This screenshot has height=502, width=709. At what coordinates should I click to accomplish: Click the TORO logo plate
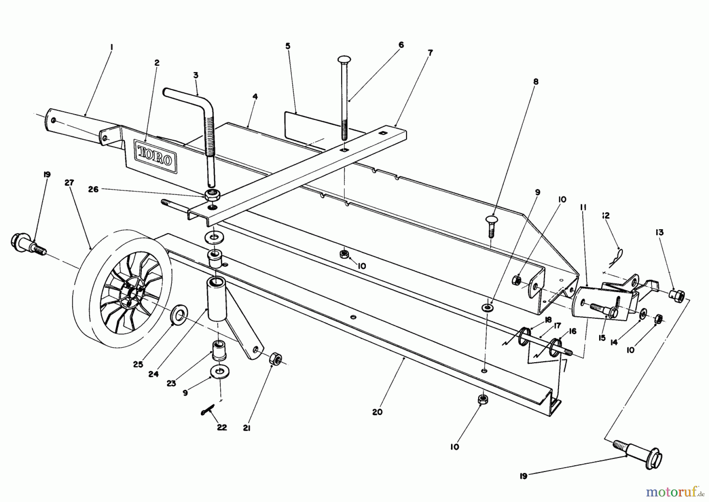[x=155, y=159]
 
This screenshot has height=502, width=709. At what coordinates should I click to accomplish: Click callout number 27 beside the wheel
[x=69, y=183]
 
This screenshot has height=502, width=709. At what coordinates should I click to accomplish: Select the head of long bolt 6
[x=344, y=59]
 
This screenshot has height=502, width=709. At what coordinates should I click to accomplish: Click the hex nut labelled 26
[x=212, y=194]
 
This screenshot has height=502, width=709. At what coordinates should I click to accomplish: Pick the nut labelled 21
[x=275, y=359]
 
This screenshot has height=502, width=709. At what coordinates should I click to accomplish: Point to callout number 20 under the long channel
[x=377, y=412]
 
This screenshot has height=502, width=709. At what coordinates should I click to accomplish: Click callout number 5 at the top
[x=288, y=46]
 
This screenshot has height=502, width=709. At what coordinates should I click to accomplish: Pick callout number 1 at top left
[x=111, y=47]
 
